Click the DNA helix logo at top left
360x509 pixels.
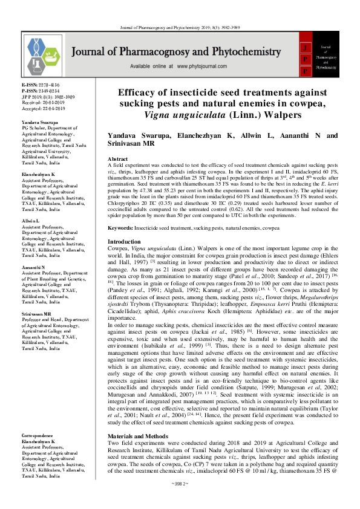coord(41,50)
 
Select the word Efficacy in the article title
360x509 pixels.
coord(138,93)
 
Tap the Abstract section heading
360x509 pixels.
coord(120,157)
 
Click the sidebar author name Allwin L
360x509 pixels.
coord(31,222)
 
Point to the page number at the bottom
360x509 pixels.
coord(180,501)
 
